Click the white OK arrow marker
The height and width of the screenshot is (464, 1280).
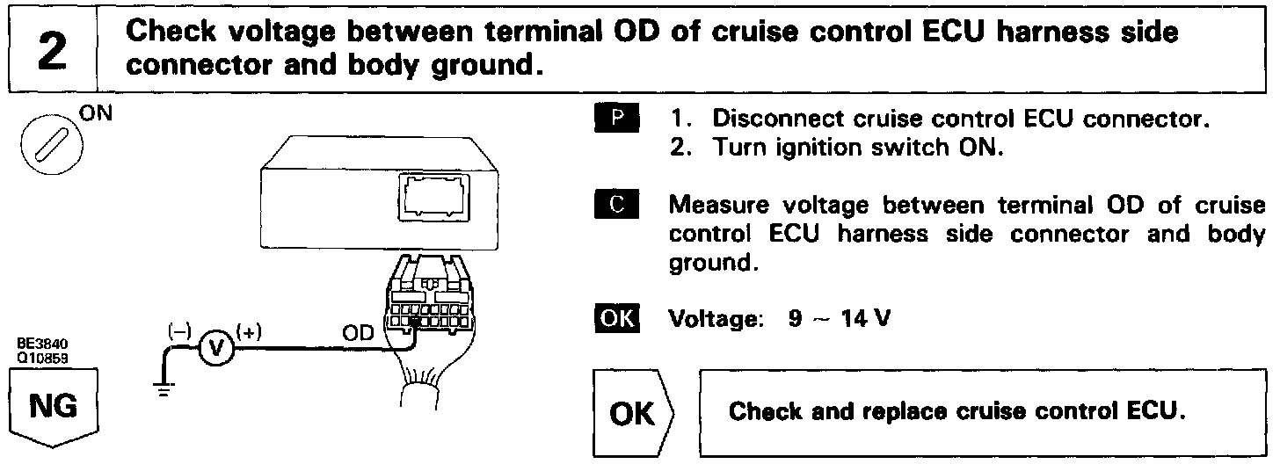tap(631, 413)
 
